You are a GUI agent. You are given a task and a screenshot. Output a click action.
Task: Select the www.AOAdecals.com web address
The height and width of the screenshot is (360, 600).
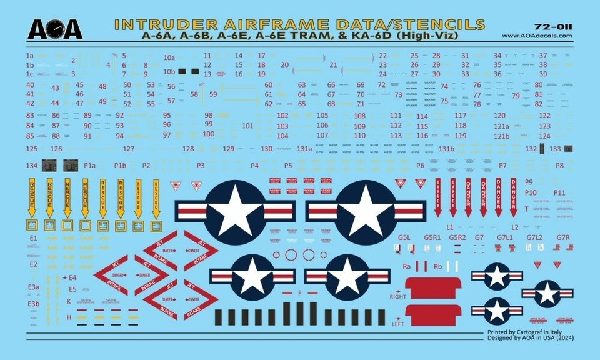(x=537, y=36)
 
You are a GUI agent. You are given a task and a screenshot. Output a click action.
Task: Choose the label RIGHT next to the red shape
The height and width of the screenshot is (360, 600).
(x=397, y=294)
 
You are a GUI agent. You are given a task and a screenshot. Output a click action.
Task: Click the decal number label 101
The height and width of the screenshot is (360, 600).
(x=247, y=126)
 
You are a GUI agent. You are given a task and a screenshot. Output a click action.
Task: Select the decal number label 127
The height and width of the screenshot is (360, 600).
(x=129, y=149)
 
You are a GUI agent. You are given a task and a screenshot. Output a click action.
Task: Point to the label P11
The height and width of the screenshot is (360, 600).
(x=559, y=192)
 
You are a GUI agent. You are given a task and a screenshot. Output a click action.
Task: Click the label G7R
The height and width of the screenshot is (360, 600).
(x=563, y=237)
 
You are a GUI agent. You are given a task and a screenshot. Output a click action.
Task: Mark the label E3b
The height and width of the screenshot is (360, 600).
(x=34, y=304)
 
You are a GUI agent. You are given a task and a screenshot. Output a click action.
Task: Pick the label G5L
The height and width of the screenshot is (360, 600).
(x=404, y=237)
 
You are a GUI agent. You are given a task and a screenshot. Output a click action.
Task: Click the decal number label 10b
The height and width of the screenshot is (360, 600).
(x=169, y=72)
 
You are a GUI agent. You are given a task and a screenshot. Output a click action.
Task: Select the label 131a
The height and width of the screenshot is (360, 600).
(x=304, y=149)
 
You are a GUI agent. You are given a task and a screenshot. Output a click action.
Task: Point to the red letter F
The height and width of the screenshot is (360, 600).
(x=300, y=292)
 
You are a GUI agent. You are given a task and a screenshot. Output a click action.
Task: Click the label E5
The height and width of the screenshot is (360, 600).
(x=72, y=289)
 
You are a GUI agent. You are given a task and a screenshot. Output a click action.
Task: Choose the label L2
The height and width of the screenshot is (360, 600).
(x=515, y=227)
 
